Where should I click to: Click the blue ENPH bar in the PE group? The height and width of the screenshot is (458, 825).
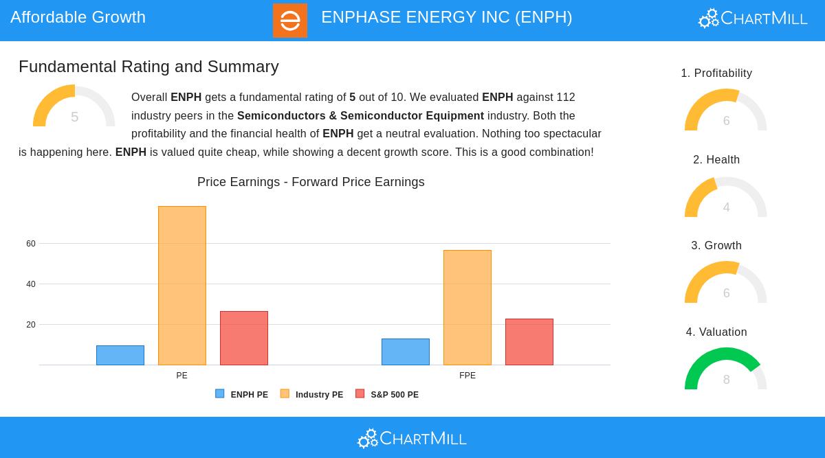pyautogui.click(x=120, y=355)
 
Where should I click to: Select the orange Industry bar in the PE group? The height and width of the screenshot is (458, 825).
pyautogui.click(x=182, y=286)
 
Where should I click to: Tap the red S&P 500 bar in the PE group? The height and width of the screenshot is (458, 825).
pyautogui.click(x=244, y=338)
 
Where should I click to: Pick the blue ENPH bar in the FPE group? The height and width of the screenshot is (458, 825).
pyautogui.click(x=406, y=352)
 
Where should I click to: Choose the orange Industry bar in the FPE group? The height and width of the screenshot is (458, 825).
pyautogui.click(x=467, y=308)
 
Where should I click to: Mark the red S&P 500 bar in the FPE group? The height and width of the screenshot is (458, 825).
pyautogui.click(x=529, y=342)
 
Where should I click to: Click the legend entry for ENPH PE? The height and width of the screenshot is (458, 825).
pyautogui.click(x=242, y=394)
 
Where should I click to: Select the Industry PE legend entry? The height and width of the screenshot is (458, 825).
pyautogui.click(x=312, y=394)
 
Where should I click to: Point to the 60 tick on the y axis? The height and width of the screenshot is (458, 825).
pyautogui.click(x=31, y=244)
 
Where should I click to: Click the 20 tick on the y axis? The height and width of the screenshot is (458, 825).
pyautogui.click(x=31, y=325)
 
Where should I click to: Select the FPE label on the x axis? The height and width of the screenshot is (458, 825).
pyautogui.click(x=467, y=376)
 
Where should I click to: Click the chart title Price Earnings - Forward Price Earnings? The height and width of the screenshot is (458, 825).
pyautogui.click(x=311, y=182)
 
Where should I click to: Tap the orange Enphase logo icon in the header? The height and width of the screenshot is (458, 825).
pyautogui.click(x=290, y=21)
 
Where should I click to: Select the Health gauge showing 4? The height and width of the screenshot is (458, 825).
pyautogui.click(x=725, y=197)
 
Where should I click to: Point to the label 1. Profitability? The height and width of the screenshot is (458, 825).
pyautogui.click(x=716, y=73)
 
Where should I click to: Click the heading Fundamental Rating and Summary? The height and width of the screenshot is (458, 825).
pyautogui.click(x=148, y=67)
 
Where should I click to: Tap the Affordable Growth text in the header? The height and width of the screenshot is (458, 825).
pyautogui.click(x=78, y=17)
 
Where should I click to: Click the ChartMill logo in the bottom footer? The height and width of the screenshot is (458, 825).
pyautogui.click(x=412, y=438)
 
